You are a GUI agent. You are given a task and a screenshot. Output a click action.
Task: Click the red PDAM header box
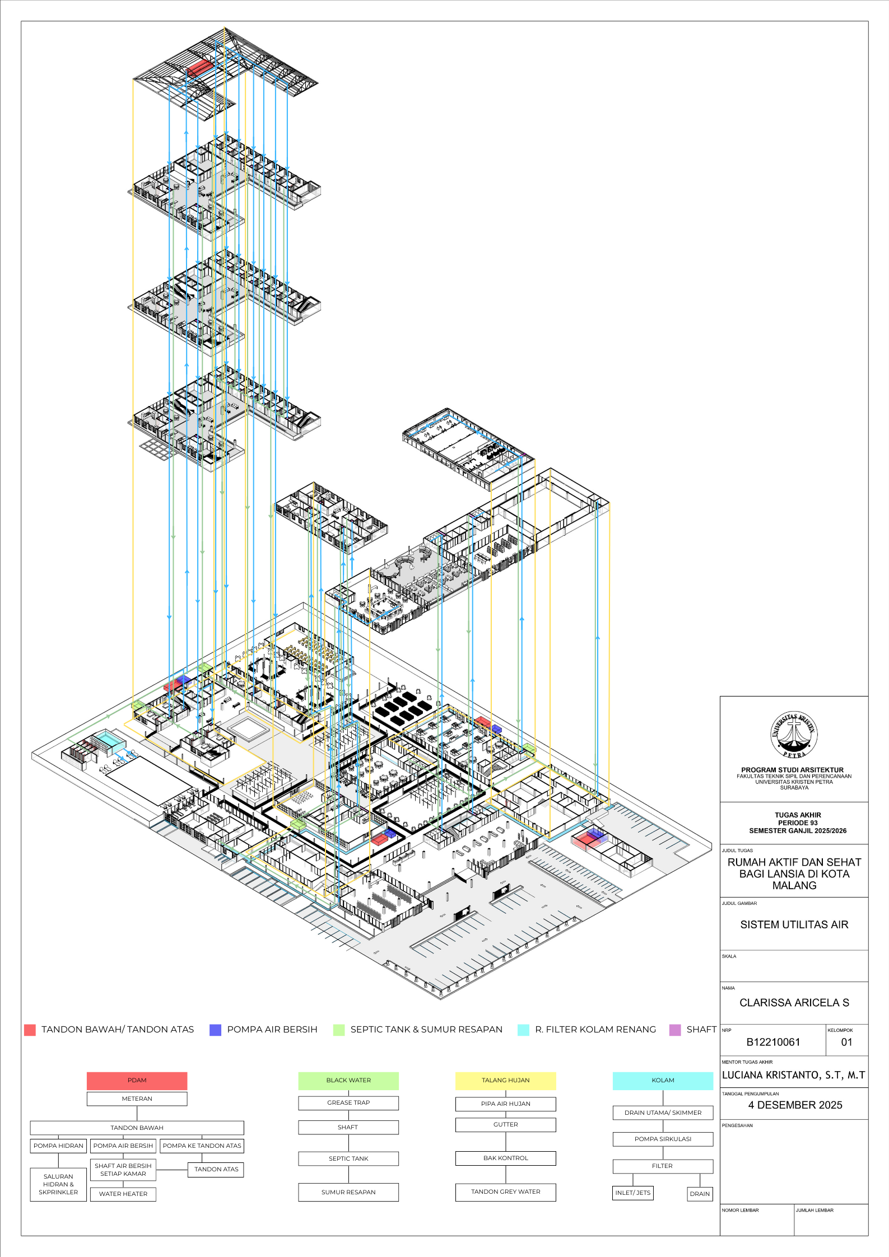coord(137,1081)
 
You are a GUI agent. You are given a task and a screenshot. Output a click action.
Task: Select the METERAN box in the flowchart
coord(137,1099)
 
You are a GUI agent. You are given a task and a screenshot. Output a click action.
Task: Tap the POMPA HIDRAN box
coord(58,1146)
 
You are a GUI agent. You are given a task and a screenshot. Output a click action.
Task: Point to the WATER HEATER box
coord(123,1194)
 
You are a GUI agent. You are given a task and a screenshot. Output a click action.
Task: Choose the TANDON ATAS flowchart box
coord(216,1169)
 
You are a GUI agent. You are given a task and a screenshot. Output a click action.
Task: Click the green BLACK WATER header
coord(348,1081)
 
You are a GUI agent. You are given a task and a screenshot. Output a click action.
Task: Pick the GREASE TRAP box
coord(348,1102)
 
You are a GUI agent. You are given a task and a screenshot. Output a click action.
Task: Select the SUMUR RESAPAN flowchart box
coord(348,1192)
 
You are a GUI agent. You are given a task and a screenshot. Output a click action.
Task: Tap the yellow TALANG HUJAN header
coord(506,1081)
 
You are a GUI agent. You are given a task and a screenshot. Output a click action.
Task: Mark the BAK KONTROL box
coord(506,1158)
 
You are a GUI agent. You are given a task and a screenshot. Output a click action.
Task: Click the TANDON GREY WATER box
coord(506,1191)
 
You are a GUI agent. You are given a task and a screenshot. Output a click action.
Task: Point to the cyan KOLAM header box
coord(663,1081)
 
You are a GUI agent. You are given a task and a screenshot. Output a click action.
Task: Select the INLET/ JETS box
coord(633,1193)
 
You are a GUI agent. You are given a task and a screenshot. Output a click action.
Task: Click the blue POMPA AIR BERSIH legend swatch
coord(215,1030)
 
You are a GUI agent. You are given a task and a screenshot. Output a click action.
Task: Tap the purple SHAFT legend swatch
coord(675,1030)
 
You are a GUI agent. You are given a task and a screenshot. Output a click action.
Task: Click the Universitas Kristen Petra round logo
coord(794,735)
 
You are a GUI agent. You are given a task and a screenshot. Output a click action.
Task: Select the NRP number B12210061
coord(773,1042)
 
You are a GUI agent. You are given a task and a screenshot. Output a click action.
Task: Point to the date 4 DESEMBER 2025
coord(795,1105)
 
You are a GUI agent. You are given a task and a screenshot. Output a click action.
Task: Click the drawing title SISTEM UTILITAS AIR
coord(794,924)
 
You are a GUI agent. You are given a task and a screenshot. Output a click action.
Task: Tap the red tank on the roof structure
coord(201,69)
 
